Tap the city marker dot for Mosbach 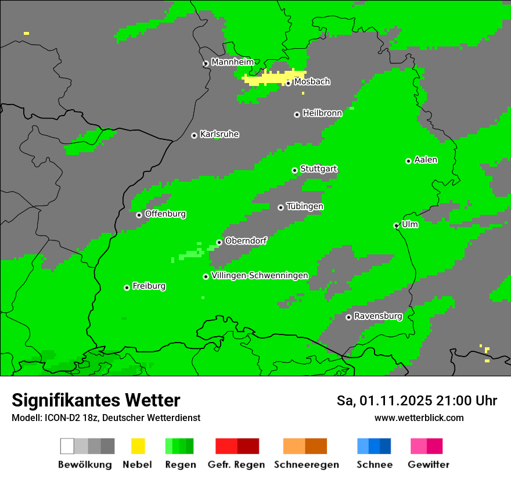click(288, 83)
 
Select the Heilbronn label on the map click(322, 113)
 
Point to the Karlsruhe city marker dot click(194, 135)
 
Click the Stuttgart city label click(318, 169)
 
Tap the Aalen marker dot click(408, 161)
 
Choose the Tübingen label click(305, 207)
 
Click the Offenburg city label click(165, 214)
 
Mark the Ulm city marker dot click(396, 225)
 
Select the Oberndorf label click(246, 241)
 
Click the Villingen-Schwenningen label click(260, 275)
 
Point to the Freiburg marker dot click(127, 287)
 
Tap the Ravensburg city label click(378, 316)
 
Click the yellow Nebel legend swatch click(138, 446)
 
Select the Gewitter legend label click(428, 465)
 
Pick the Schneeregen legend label click(306, 465)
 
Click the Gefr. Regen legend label click(236, 465)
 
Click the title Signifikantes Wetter click(96, 400)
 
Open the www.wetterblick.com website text click(419, 418)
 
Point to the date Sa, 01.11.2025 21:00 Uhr click(416, 401)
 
